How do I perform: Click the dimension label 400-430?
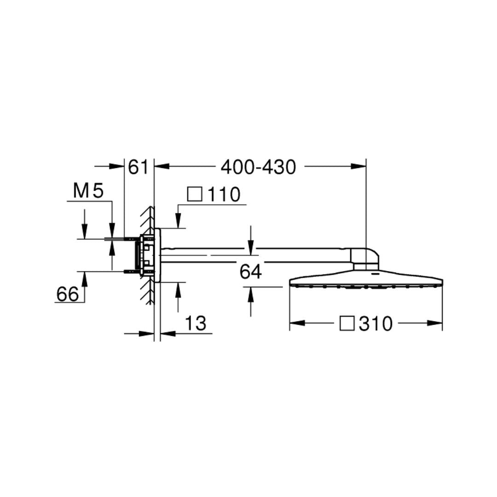click(x=258, y=167)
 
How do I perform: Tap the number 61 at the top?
click(x=138, y=167)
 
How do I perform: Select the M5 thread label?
click(x=88, y=191)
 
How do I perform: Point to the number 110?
click(x=224, y=194)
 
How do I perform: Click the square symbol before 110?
click(x=195, y=194)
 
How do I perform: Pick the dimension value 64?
click(x=250, y=272)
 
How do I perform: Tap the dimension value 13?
click(x=196, y=324)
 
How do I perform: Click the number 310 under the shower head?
click(x=376, y=324)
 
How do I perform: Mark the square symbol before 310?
click(x=347, y=324)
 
